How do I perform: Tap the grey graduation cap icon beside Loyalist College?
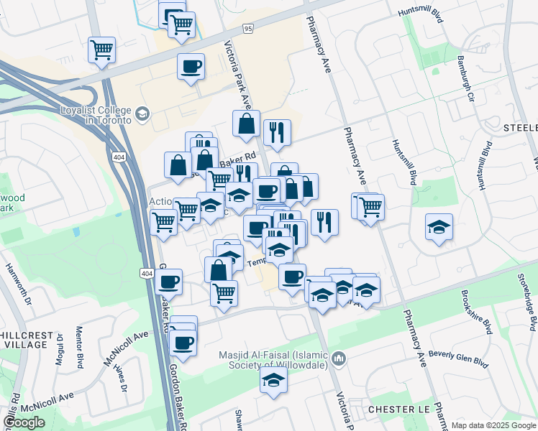(142, 113)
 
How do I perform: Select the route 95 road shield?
(248, 29)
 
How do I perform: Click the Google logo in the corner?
(24, 422)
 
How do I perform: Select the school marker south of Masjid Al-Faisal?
(273, 380)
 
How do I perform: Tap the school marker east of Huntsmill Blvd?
(439, 227)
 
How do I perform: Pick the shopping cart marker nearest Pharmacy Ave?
(371, 207)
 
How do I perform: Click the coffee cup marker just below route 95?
(191, 67)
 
